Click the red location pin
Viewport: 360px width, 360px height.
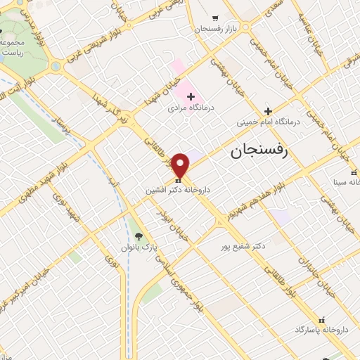click(181, 165)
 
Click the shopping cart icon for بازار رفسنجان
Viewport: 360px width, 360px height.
click(215, 18)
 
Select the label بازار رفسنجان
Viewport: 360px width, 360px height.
click(215, 29)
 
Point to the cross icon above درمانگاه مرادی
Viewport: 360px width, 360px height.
click(191, 96)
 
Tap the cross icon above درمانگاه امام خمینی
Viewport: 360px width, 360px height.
click(267, 110)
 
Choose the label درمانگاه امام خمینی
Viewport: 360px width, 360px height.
click(267, 122)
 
